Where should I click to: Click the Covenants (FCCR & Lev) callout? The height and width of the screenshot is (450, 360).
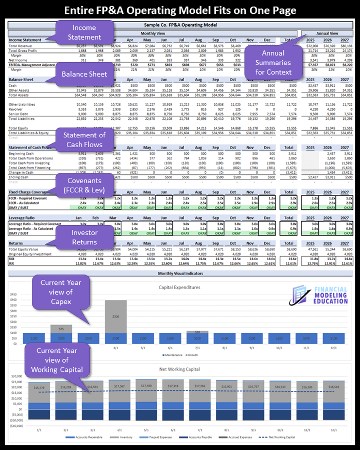coord(83,185)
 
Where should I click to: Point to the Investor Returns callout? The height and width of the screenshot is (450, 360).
coord(84,236)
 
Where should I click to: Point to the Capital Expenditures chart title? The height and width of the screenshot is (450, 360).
coord(179,287)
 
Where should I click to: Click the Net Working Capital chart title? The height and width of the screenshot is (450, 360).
coord(179,369)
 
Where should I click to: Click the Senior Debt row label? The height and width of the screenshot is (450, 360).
coord(21,114)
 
